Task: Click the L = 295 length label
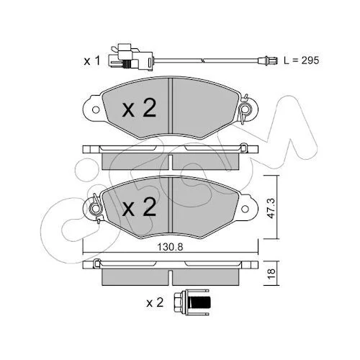[302, 60]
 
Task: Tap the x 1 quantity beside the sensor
[91, 61]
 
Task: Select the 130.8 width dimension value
[170, 247]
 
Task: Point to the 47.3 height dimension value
[271, 208]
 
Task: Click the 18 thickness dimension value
[271, 274]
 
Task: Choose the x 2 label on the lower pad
[139, 207]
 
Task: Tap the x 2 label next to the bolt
[155, 302]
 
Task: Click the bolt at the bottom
[192, 302]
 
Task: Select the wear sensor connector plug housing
[130, 57]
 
